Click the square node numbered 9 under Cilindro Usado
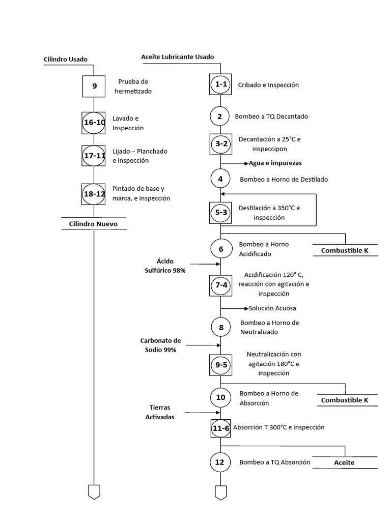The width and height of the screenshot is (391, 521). coord(94,86)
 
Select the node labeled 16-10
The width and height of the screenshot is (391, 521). coord(94,123)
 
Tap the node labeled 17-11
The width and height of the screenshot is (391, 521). coord(94,156)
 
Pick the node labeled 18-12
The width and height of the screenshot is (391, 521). coord(94,194)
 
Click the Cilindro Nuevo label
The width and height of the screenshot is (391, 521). coord(93,224)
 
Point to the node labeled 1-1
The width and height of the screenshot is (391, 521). coord(220,84)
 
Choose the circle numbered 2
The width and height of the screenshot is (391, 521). coord(220,116)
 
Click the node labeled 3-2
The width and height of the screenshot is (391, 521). coord(220,144)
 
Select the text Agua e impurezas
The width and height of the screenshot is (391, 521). coord(275,163)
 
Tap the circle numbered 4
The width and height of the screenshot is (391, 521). coord(220,179)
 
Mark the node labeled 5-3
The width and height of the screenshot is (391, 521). coord(220,213)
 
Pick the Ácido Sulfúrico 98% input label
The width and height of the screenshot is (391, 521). coord(165,266)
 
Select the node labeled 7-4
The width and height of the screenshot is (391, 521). coord(220,285)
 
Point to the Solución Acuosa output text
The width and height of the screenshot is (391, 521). coord(272,308)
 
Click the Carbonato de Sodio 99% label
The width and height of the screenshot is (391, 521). coord(160,345)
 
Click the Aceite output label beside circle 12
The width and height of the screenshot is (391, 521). coord(344,463)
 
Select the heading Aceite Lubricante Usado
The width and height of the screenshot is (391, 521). coord(177,57)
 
